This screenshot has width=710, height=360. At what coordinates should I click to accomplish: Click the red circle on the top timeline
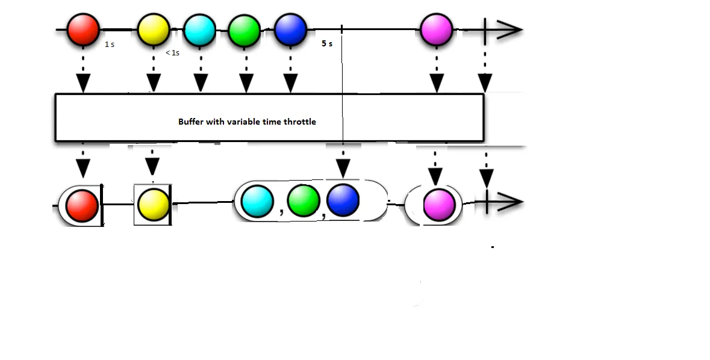pyautogui.click(x=83, y=29)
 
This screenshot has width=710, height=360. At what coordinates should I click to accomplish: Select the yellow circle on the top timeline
pyautogui.click(x=154, y=29)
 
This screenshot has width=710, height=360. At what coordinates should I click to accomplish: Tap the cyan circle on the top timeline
pyautogui.click(x=200, y=29)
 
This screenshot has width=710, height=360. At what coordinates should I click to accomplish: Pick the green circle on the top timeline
pyautogui.click(x=244, y=29)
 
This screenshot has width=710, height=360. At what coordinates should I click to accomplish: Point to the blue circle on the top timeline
pyautogui.click(x=290, y=29)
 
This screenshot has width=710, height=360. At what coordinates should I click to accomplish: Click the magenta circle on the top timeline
pyautogui.click(x=437, y=29)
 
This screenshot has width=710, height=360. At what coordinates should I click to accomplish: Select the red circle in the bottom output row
pyautogui.click(x=83, y=205)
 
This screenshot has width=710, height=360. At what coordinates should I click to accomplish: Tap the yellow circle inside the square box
pyautogui.click(x=154, y=205)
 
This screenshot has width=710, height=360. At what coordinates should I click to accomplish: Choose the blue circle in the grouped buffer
pyautogui.click(x=343, y=200)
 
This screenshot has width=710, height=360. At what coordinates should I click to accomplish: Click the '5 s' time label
pyautogui.click(x=327, y=44)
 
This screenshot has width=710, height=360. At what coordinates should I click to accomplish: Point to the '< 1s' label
pyautogui.click(x=172, y=53)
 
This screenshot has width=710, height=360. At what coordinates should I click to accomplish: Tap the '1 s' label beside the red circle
pyautogui.click(x=110, y=45)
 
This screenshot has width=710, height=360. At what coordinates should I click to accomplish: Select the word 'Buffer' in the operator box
pyautogui.click(x=191, y=122)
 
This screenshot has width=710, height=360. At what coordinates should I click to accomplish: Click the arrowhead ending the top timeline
pyautogui.click(x=511, y=29)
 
